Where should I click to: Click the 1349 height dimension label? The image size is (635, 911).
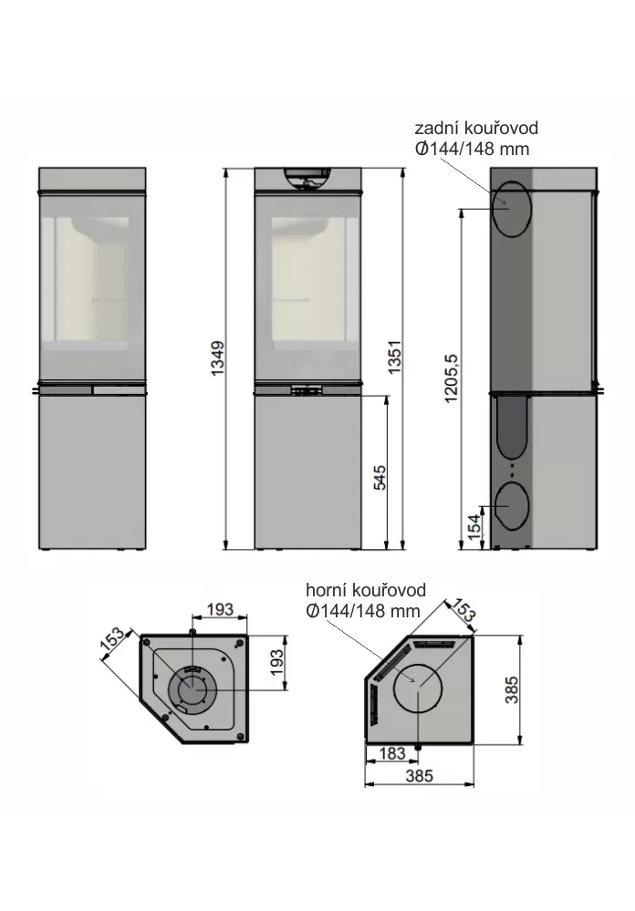pos(217,357)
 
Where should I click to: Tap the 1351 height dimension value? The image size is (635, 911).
pos(394,357)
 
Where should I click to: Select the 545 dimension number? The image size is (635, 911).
pos(379,478)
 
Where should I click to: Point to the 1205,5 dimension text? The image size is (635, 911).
pos(451,378)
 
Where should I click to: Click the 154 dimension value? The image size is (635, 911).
pos(474,526)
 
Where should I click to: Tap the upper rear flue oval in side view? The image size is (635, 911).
pos(512,209)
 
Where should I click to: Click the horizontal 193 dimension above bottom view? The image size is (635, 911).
pos(220,609)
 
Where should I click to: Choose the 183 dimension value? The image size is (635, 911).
pos(392,753)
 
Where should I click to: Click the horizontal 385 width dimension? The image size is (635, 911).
pos(420,776)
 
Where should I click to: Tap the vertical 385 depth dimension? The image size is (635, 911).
pos(511,689)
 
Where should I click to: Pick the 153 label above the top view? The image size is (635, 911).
pos(463,609)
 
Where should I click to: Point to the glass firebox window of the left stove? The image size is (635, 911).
pos(92,287)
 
